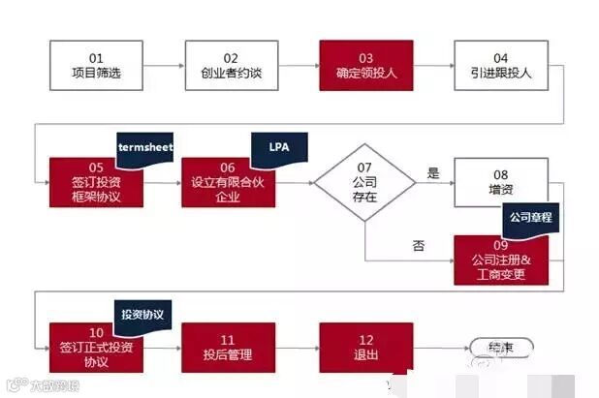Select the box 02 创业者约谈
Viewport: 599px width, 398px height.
coord(231,65)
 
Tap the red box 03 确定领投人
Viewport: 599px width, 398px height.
coord(366,65)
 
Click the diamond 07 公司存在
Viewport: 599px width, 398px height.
coord(365,181)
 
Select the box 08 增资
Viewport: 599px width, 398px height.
coord(500,181)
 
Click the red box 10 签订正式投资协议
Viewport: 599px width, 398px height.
coord(95,347)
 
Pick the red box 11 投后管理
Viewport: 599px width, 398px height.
coord(229,347)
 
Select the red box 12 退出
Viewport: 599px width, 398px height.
coord(365,347)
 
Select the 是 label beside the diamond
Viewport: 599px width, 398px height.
coord(433,174)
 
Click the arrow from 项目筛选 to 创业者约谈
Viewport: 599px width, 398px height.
coord(163,65)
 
